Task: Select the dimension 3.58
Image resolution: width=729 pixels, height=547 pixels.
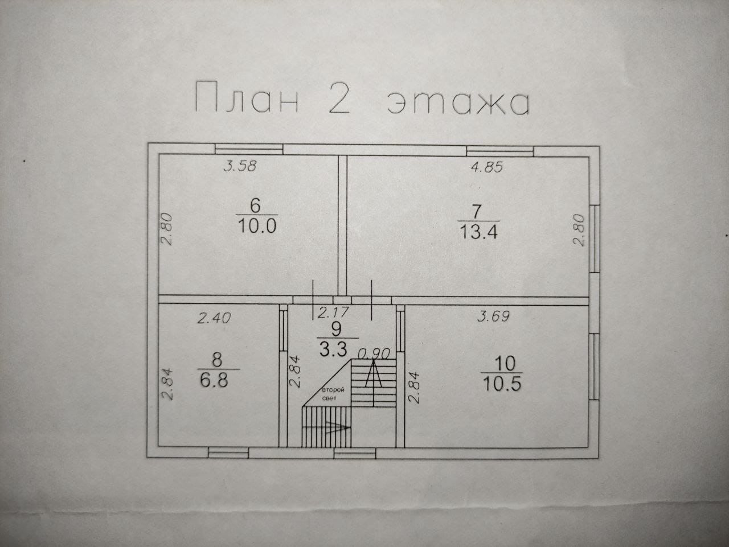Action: tap(240, 166)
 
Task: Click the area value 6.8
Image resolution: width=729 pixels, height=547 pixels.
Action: tap(214, 380)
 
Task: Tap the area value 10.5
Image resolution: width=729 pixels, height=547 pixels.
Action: tap(502, 383)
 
